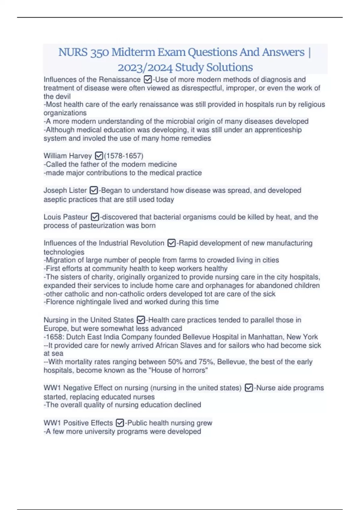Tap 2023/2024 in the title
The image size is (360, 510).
pos(145,67)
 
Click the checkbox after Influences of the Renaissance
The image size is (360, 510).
pos(148,79)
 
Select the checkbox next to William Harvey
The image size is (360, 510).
pos(99,156)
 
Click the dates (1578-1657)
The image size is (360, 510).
pos(124,156)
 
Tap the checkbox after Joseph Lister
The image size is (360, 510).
pos(94,190)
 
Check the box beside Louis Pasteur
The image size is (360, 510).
pos(95,217)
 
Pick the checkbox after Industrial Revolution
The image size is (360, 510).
pos(171,243)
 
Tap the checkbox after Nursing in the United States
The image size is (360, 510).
pos(141,320)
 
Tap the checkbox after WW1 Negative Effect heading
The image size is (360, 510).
pos(249,388)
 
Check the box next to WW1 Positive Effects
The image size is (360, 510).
pos(120,423)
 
